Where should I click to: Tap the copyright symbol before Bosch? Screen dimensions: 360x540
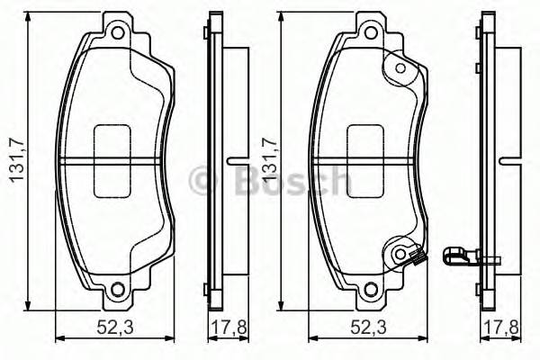point(203,181)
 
